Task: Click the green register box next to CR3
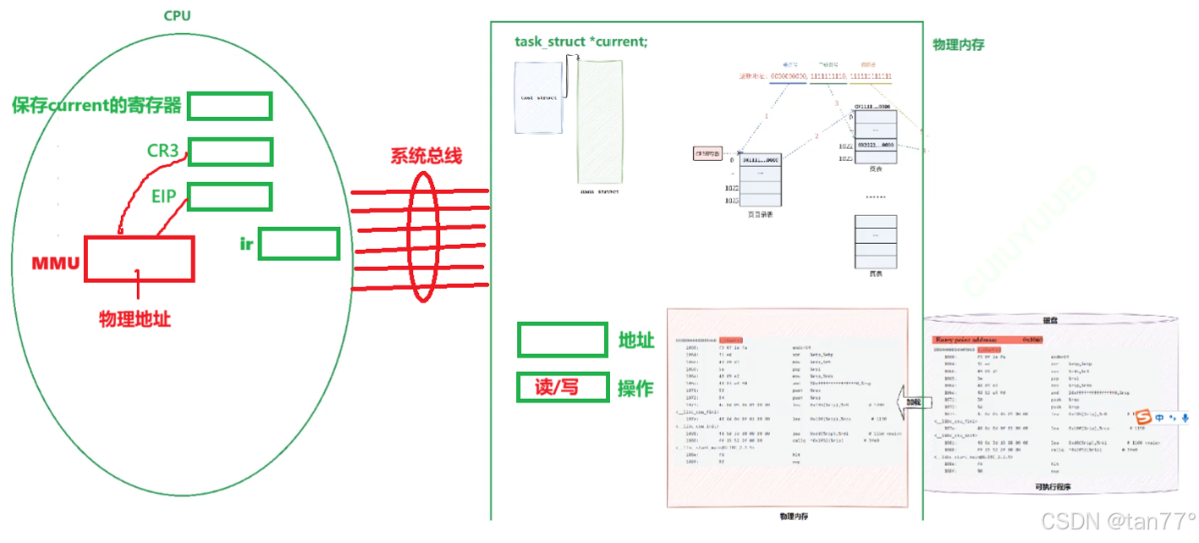tap(230, 152)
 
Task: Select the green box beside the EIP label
tap(229, 197)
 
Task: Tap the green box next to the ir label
tap(299, 244)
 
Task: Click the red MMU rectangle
tap(139, 258)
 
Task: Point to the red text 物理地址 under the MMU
tap(135, 319)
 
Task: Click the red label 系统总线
tap(426, 157)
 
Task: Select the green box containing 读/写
tap(563, 387)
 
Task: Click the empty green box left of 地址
tap(563, 340)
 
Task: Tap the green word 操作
tap(635, 388)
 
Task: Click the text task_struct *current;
tap(581, 42)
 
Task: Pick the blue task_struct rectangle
tap(538, 97)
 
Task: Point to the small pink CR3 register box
tap(707, 154)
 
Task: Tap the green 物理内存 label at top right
tap(958, 44)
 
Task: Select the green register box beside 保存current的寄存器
tap(229, 106)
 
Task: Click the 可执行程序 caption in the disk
tap(1053, 487)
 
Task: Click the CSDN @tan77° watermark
tap(1118, 519)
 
